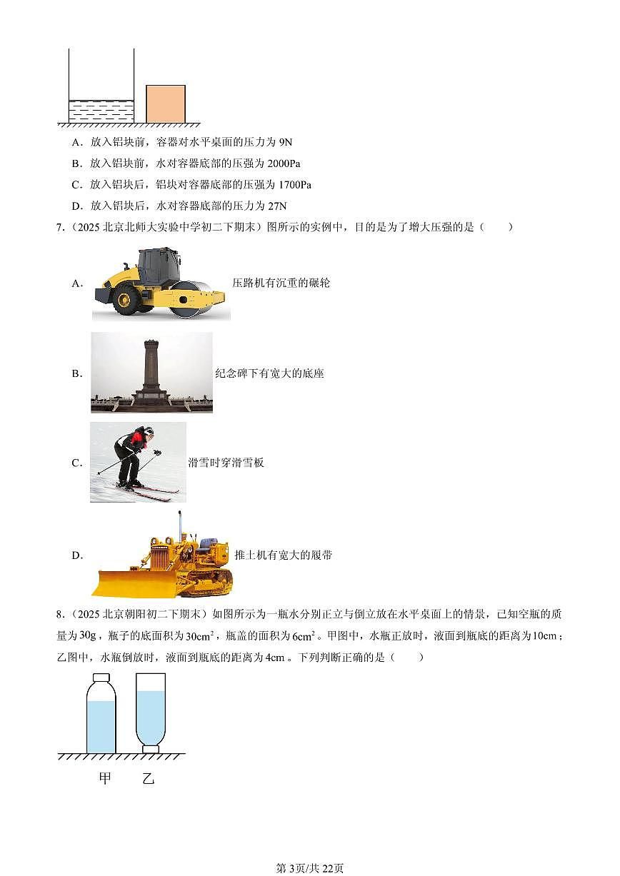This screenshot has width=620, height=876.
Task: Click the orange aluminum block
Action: pos(166,104)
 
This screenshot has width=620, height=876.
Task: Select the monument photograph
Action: pos(151,372)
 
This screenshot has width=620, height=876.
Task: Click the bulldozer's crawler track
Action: pos(209,582)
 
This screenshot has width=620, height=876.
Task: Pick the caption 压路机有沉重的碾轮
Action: pos(281,283)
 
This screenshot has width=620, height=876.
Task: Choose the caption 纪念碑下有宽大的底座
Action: pos(270,373)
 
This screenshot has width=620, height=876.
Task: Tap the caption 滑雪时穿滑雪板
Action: pos(226,463)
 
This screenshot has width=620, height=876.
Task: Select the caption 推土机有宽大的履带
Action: pos(284,555)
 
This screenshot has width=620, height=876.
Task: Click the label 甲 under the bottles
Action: pos(105,778)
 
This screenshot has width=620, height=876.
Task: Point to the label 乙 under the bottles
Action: pos(148,778)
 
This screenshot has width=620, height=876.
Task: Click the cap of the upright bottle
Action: pos(101,678)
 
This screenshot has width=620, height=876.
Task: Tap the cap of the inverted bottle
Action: pos(150,749)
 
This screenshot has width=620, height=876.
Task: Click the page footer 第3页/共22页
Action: pos(310,868)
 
